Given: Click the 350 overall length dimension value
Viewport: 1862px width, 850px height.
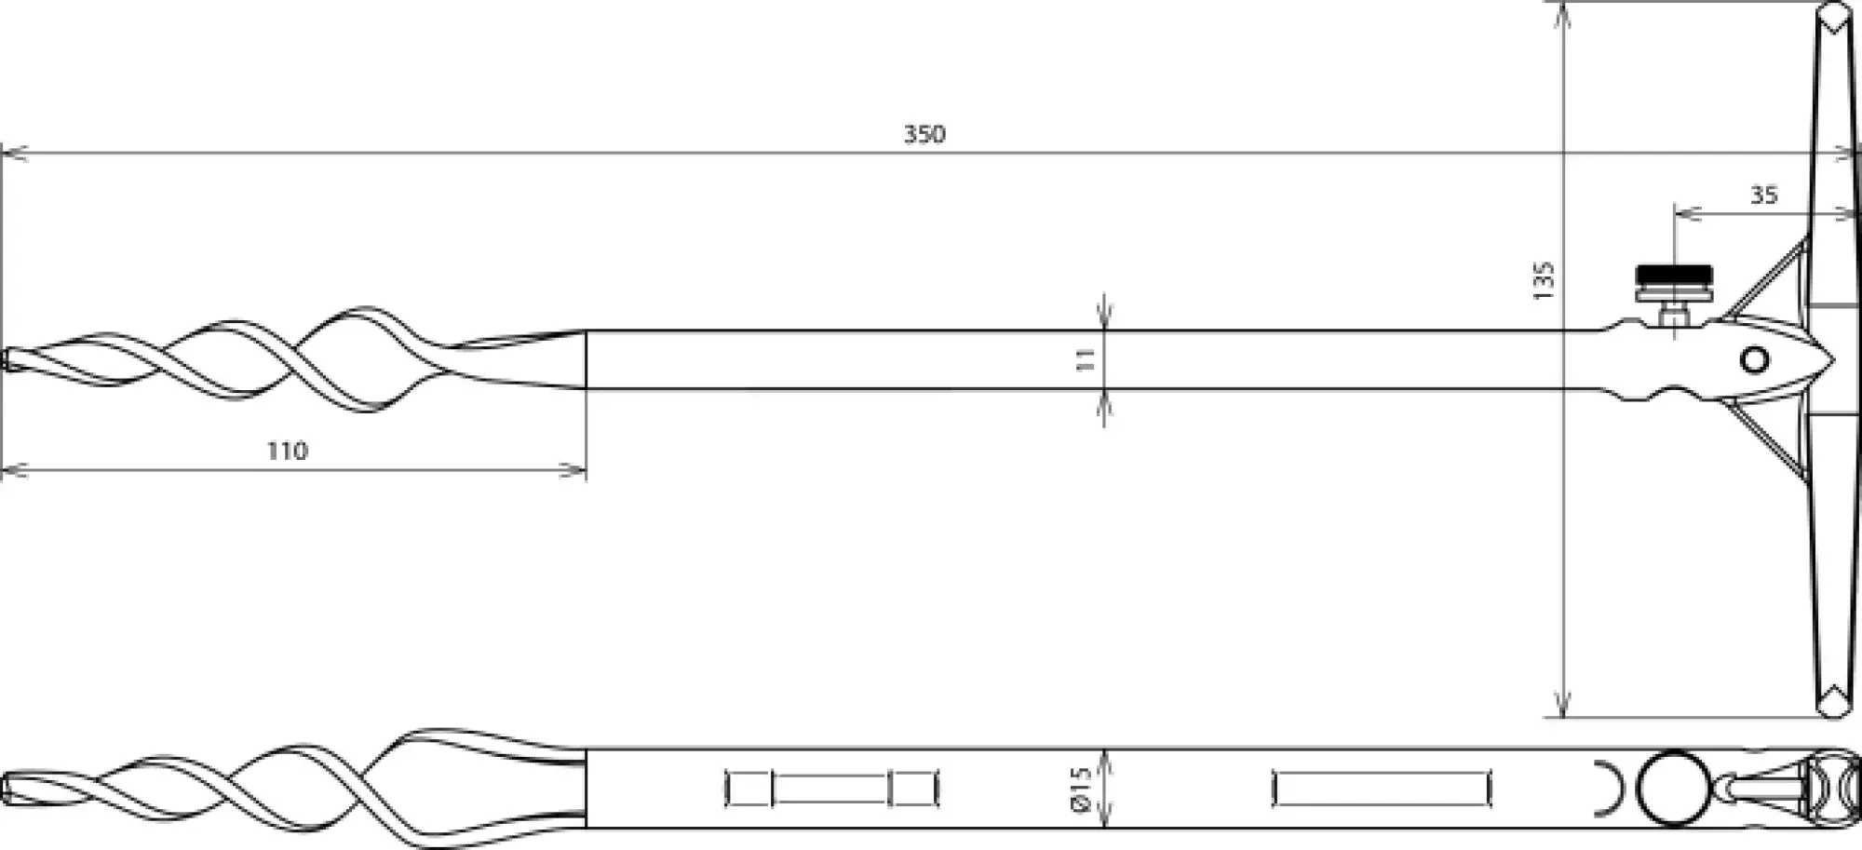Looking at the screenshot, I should click(x=924, y=134).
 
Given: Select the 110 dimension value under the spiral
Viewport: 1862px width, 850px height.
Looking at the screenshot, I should click(x=287, y=452).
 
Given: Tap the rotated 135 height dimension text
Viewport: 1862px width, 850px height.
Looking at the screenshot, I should click(x=1543, y=280).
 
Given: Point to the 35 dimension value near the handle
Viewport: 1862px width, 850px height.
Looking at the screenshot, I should click(x=1763, y=196).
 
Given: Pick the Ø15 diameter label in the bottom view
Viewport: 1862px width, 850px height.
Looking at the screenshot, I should click(x=1081, y=789).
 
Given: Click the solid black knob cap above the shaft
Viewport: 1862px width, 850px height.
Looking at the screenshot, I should click(x=1674, y=276).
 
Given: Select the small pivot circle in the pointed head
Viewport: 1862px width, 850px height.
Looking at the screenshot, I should click(x=1754, y=359).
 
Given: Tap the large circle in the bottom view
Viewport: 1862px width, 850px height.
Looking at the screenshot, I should click(x=1673, y=788).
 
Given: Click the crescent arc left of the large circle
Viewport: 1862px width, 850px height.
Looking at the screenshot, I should click(x=1609, y=788).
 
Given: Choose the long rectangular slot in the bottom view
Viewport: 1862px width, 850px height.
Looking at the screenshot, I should click(x=1382, y=789).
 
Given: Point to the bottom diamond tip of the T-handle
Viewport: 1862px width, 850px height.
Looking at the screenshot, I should click(x=1834, y=700).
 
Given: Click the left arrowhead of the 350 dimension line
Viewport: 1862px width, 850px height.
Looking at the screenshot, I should click(x=11, y=152).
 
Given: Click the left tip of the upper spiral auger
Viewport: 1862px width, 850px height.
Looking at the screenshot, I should click(x=7, y=359).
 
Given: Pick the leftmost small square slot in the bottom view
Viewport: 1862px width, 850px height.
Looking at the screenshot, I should click(x=749, y=789).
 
